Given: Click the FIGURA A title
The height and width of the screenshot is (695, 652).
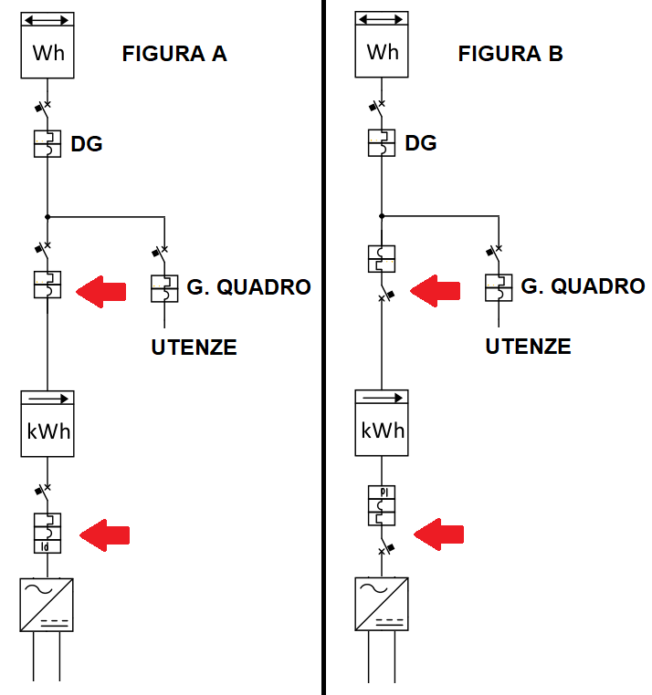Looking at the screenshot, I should [x=174, y=54].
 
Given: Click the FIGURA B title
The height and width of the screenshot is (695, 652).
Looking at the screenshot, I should [x=510, y=54].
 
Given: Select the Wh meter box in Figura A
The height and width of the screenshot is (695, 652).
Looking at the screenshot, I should [x=47, y=46].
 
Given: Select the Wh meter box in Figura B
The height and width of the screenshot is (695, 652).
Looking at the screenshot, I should [x=382, y=46].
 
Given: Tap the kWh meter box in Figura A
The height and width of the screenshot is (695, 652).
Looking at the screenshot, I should [x=47, y=423].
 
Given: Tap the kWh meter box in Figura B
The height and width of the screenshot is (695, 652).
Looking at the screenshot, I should [x=382, y=423].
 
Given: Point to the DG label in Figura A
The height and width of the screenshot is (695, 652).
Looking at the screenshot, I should [x=87, y=143].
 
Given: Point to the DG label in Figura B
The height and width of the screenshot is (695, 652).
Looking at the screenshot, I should [x=421, y=143].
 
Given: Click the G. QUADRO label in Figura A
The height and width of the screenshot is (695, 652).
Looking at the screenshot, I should [x=248, y=287].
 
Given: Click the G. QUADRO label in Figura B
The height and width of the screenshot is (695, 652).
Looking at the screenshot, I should [x=583, y=287].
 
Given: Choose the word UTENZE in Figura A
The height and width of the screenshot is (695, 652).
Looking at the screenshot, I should [x=194, y=347].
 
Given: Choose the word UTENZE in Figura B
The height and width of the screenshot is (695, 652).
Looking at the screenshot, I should [x=528, y=347].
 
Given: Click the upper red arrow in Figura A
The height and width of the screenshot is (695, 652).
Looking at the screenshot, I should [x=100, y=292].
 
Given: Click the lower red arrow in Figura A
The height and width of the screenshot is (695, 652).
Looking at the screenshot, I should [x=105, y=535].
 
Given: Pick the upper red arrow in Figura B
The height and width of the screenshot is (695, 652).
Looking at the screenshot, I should [x=435, y=292].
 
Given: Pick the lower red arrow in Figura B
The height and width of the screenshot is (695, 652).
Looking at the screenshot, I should [x=439, y=535].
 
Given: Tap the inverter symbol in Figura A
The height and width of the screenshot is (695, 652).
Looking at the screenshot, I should [x=47, y=604].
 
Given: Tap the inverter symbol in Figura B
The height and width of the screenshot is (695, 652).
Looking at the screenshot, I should [x=382, y=604].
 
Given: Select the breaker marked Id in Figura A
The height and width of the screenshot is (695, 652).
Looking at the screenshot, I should [x=47, y=533].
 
